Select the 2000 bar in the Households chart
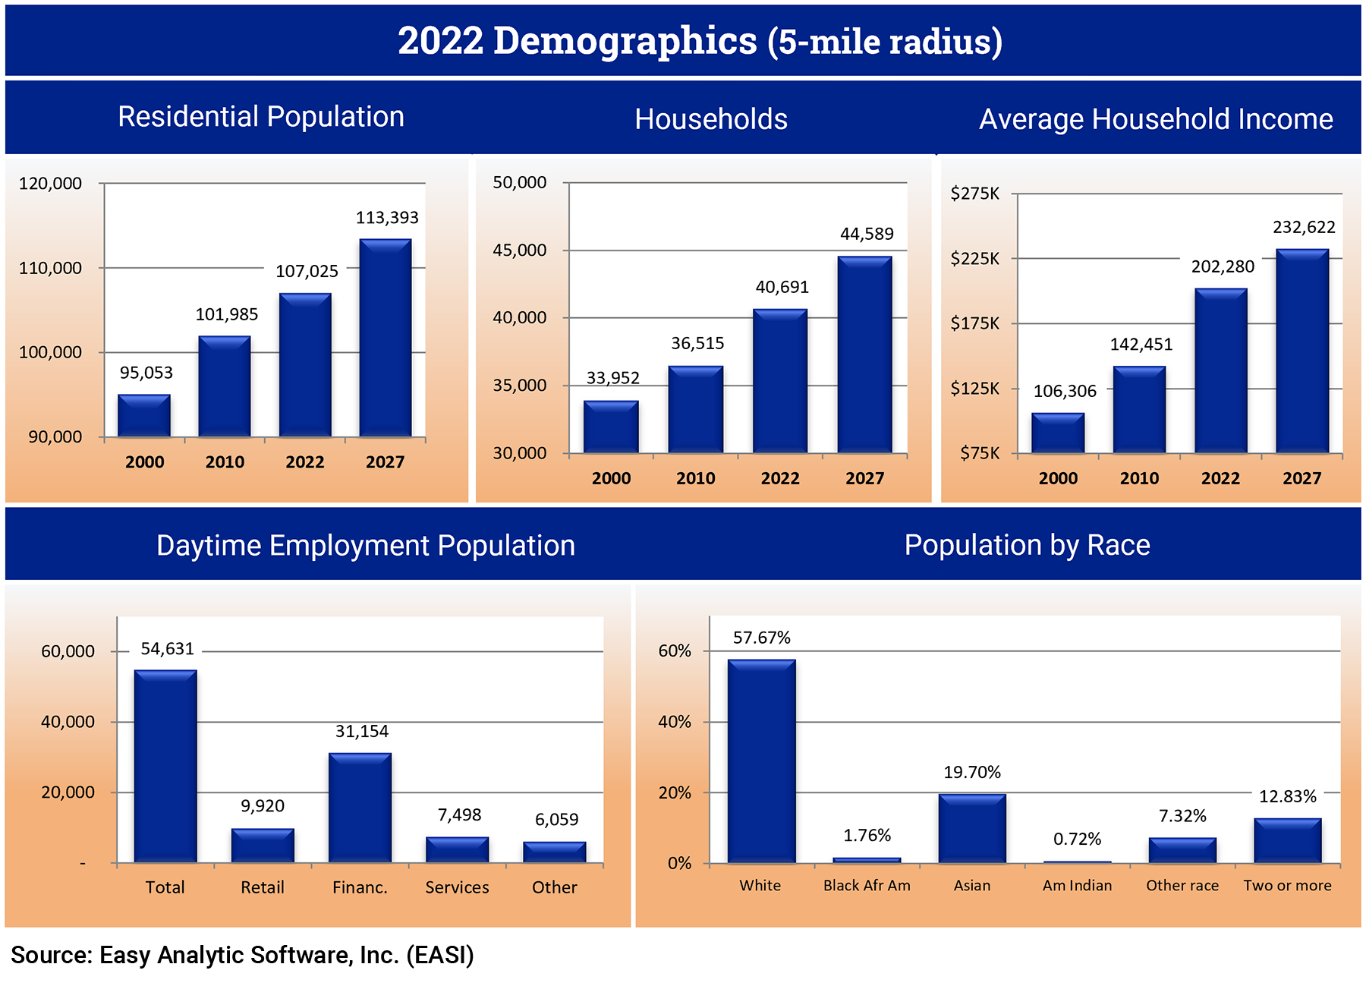pos(611,427)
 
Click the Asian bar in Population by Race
pos(972,828)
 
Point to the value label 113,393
pos(387,218)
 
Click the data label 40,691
pos(782,287)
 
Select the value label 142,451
pos(1141,345)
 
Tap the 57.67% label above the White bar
pos(761,638)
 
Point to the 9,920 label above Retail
pos(263,805)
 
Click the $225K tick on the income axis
pos(975,258)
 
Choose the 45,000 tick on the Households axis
pos(520,250)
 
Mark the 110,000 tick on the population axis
pos(50,268)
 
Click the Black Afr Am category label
pos(867,885)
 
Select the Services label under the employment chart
pos(457,887)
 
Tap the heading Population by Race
pos(1027,545)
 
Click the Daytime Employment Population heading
pos(365,546)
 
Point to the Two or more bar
pos(1287,840)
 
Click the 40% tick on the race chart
pos(674,722)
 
